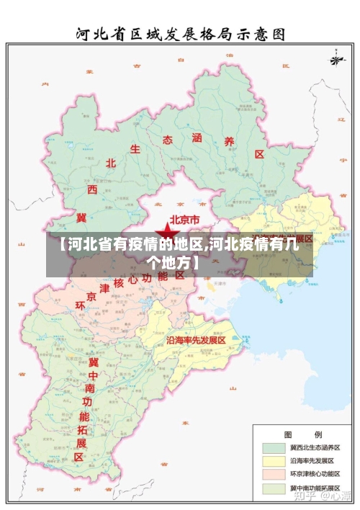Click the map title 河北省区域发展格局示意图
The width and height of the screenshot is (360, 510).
click(x=181, y=33)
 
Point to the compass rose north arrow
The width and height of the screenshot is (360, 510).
click(x=336, y=58)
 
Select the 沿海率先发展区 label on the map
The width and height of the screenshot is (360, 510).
click(x=197, y=339)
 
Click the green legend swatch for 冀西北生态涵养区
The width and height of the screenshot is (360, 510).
click(x=273, y=447)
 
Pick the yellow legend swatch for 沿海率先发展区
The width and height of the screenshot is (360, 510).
click(x=273, y=461)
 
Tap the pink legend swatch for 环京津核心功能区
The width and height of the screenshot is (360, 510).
click(x=273, y=475)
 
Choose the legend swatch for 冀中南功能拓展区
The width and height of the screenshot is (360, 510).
click(x=273, y=488)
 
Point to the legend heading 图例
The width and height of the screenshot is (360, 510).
click(x=302, y=434)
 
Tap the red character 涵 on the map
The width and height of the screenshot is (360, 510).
click(x=198, y=137)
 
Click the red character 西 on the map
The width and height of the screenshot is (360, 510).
click(x=92, y=189)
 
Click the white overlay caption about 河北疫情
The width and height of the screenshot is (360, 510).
click(x=179, y=252)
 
